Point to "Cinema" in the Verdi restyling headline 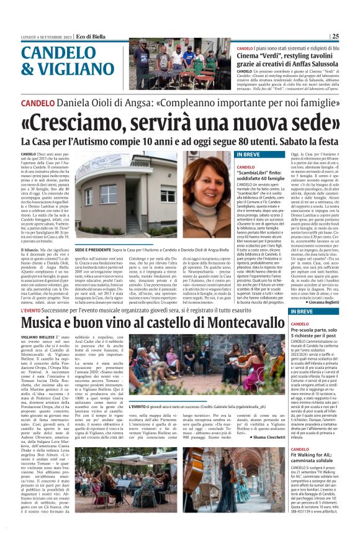(251, 55)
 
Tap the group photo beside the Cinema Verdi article (180, 65)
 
